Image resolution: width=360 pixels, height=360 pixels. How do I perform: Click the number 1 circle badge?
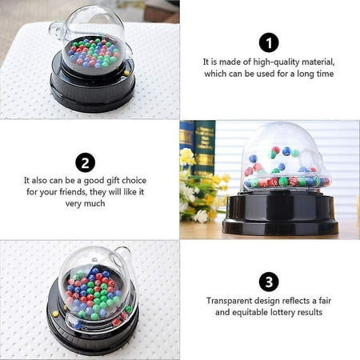(x=270, y=43)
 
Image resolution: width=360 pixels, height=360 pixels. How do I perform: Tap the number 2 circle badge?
(x=86, y=162)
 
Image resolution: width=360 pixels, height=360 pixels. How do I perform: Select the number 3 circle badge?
(x=270, y=282)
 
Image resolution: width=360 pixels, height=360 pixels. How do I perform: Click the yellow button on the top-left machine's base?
(x=126, y=72)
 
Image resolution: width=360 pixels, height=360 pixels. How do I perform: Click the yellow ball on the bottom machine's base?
(x=55, y=314)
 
